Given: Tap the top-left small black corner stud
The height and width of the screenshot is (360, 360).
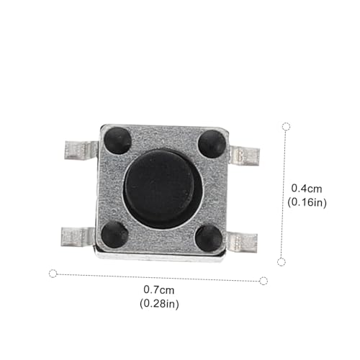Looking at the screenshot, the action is pos(118,140).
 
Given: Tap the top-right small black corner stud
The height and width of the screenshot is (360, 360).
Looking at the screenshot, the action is pos(212,144).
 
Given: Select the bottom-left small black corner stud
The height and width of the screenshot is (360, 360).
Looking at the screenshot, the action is pos(114,234).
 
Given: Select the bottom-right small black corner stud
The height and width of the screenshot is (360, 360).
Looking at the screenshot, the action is pos(209,238).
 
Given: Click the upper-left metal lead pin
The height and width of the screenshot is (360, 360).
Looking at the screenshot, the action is pos(81,150).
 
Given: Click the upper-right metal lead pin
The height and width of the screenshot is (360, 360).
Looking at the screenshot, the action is pos(244,156).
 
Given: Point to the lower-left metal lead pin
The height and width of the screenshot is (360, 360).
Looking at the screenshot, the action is pos(78,237).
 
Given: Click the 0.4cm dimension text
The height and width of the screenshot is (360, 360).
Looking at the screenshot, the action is pos(307,189).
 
